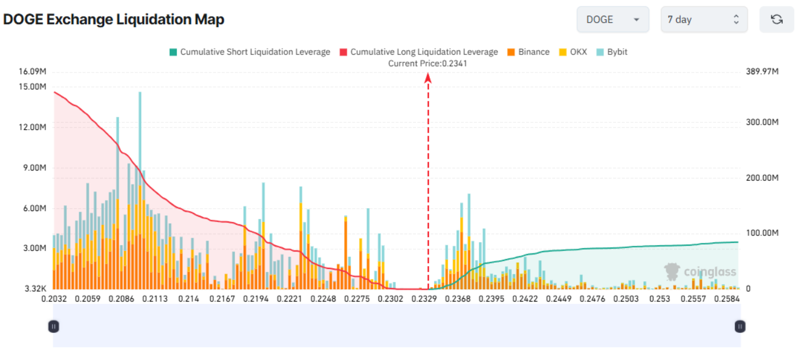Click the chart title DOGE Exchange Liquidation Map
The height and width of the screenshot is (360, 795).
pyautogui.click(x=114, y=19)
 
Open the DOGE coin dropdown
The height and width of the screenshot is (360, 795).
pyautogui.click(x=613, y=20)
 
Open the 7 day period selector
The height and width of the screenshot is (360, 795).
pyautogui.click(x=704, y=20)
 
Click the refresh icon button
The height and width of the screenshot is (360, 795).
pyautogui.click(x=776, y=20)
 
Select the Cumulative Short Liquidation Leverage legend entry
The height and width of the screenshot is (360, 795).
pyautogui.click(x=250, y=52)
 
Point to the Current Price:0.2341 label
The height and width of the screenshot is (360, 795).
pyautogui.click(x=428, y=63)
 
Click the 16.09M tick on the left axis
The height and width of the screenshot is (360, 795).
pyautogui.click(x=32, y=72)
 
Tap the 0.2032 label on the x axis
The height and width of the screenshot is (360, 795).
pyautogui.click(x=53, y=299)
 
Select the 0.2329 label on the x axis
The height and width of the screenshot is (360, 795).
pyautogui.click(x=424, y=299)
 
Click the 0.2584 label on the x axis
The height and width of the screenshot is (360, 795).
pyautogui.click(x=727, y=299)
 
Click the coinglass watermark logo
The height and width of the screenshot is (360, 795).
pyautogui.click(x=701, y=271)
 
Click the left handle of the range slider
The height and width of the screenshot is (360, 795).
pyautogui.click(x=53, y=326)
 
